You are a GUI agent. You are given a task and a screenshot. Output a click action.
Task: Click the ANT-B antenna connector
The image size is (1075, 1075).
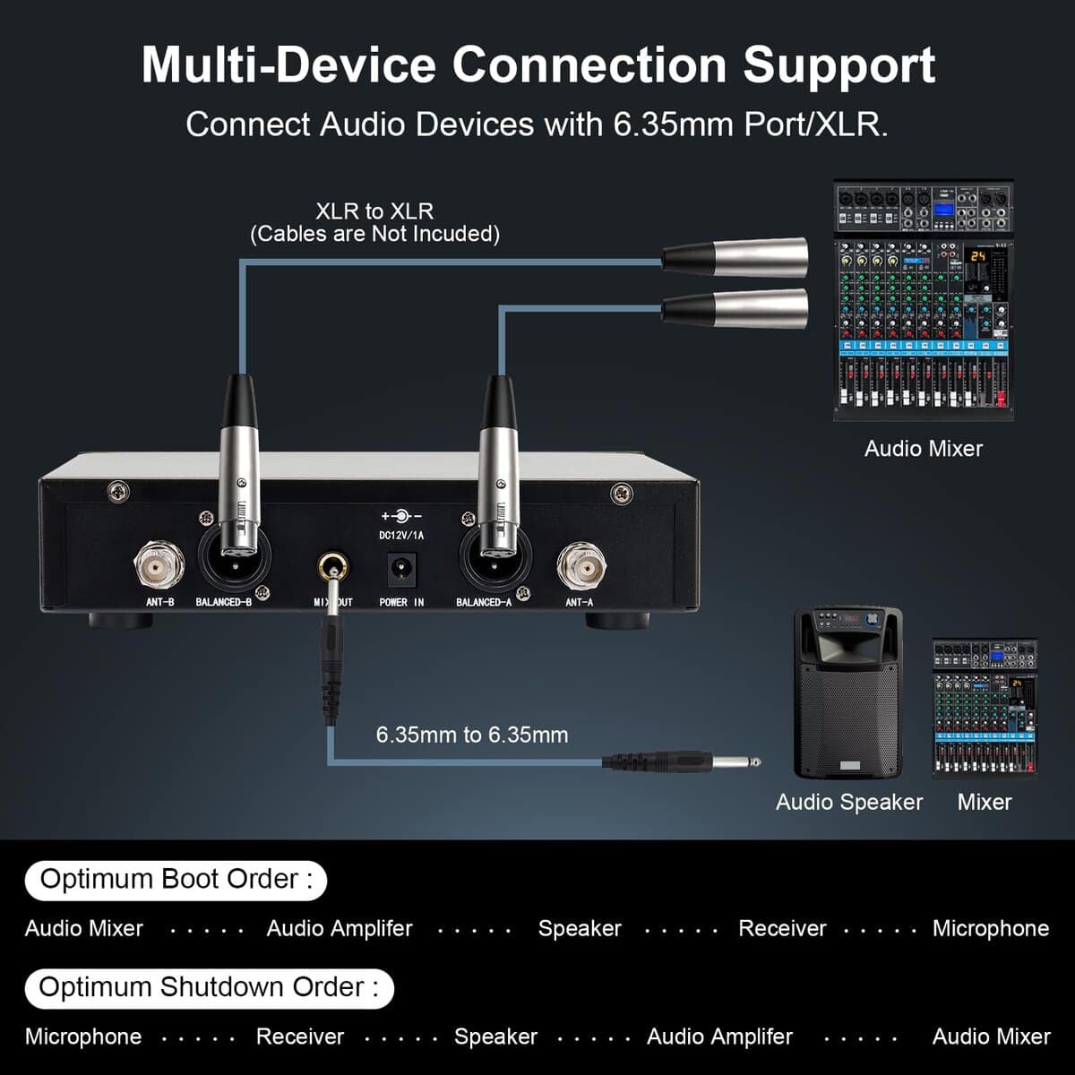tap(159, 563)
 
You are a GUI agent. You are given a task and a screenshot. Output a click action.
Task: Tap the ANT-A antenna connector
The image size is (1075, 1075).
tap(580, 563)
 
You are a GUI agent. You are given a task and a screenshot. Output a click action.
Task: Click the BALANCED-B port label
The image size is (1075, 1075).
tap(223, 602)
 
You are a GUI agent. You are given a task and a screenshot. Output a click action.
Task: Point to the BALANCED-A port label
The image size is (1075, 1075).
tap(484, 602)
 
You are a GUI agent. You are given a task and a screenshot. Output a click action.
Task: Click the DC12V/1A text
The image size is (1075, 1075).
tap(401, 536)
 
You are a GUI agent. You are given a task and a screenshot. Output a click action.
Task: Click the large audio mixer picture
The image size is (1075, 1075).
tap(924, 300)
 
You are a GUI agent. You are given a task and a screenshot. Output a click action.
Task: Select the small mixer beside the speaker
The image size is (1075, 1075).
tap(985, 708)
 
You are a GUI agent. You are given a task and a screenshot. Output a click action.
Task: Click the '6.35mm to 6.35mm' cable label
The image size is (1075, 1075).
tap(472, 735)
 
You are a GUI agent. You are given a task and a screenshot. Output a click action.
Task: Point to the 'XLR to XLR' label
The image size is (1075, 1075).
tap(374, 211)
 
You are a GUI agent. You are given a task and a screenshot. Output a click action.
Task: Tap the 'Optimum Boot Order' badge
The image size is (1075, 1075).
tap(176, 879)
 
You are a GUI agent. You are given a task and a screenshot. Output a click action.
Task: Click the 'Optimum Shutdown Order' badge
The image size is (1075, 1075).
tap(209, 987)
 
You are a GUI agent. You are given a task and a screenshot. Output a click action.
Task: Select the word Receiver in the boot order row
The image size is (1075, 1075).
tap(782, 928)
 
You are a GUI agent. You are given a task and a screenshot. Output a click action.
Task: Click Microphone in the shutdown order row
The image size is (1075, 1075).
tap(83, 1036)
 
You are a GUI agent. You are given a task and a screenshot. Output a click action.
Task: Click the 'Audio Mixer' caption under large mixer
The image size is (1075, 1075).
tap(924, 449)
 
